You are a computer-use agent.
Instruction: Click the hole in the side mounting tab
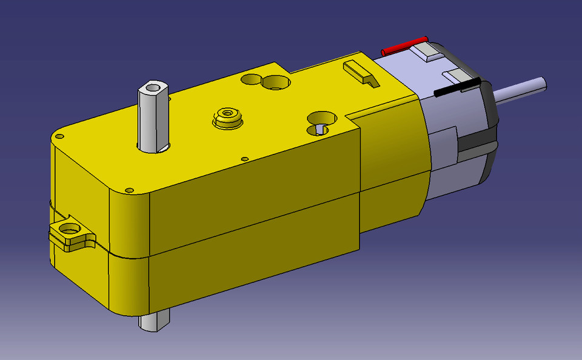70,230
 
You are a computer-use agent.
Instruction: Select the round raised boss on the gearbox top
227,115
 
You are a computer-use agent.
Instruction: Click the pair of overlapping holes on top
267,81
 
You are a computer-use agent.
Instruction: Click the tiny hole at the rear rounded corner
59,137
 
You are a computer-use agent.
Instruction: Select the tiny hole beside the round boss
244,159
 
